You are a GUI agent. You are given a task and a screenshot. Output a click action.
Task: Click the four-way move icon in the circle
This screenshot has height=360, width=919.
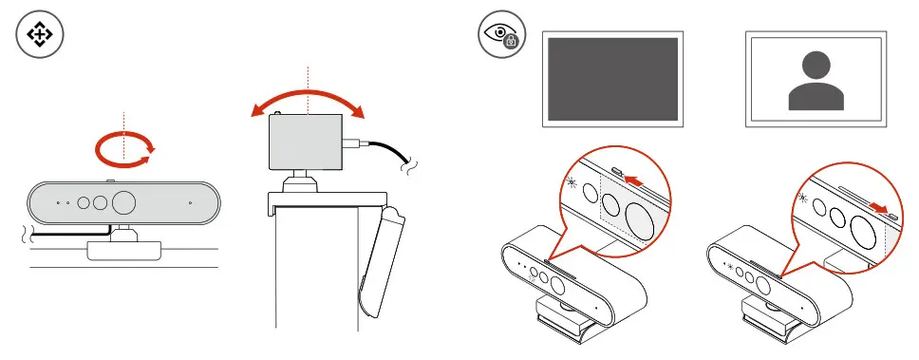[40, 36]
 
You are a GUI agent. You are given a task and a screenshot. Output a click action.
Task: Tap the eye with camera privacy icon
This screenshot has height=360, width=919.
[500, 36]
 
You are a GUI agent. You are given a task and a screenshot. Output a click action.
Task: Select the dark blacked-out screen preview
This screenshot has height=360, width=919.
[610, 80]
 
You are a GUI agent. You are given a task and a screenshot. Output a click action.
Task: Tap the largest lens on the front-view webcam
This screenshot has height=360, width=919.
[125, 202]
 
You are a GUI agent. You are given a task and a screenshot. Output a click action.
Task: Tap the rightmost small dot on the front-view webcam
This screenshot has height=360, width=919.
[191, 202]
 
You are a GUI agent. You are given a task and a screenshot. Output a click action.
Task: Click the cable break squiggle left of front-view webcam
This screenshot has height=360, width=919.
[27, 234]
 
